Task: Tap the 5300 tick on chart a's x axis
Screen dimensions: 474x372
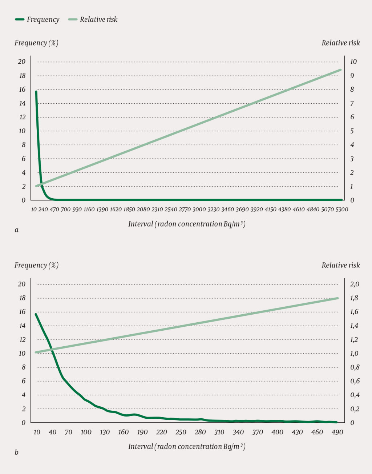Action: [341, 210]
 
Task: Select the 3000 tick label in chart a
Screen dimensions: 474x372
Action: [199, 210]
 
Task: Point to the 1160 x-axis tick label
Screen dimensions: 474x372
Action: [89, 210]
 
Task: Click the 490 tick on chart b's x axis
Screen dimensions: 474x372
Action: [337, 432]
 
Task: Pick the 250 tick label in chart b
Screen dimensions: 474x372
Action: [181, 432]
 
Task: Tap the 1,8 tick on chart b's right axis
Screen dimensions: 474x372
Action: [354, 298]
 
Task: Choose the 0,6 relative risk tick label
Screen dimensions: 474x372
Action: [355, 381]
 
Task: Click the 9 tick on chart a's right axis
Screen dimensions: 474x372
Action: [352, 76]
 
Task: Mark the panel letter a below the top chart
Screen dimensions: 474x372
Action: [16, 230]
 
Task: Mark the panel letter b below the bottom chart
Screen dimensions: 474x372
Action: [16, 452]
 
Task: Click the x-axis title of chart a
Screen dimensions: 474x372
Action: [187, 224]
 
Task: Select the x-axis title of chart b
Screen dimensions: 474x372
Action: [187, 447]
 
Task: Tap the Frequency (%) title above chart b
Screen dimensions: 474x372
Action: [36, 265]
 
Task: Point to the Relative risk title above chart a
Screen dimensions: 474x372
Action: [340, 43]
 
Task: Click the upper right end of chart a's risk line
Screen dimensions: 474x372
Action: [340, 70]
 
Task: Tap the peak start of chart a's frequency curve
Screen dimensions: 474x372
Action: [36, 92]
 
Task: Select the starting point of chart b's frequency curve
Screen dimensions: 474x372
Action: [36, 314]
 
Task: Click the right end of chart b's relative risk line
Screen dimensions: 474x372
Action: [337, 298]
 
